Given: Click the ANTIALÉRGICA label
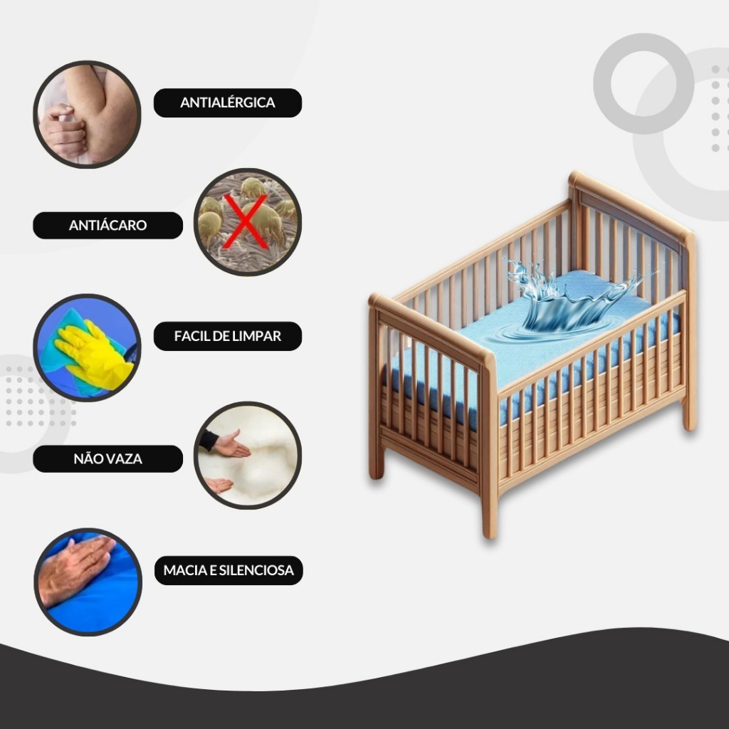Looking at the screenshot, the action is (x=228, y=103).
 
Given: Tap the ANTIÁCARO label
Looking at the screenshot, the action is (x=108, y=226).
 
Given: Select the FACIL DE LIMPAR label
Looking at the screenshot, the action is (x=228, y=336).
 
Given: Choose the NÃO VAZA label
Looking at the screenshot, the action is (x=108, y=459).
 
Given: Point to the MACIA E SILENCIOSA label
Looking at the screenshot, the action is (x=229, y=570).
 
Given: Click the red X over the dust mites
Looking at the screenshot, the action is (x=246, y=221).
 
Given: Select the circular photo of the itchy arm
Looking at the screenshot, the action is (x=87, y=115).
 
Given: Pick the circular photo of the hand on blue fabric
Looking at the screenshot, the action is (x=88, y=582).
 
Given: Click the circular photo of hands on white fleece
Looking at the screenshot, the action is (x=248, y=456).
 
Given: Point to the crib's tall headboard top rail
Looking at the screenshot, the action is (x=631, y=205).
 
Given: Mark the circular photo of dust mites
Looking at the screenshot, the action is (x=248, y=222).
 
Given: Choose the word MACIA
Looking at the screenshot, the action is (x=185, y=570).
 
